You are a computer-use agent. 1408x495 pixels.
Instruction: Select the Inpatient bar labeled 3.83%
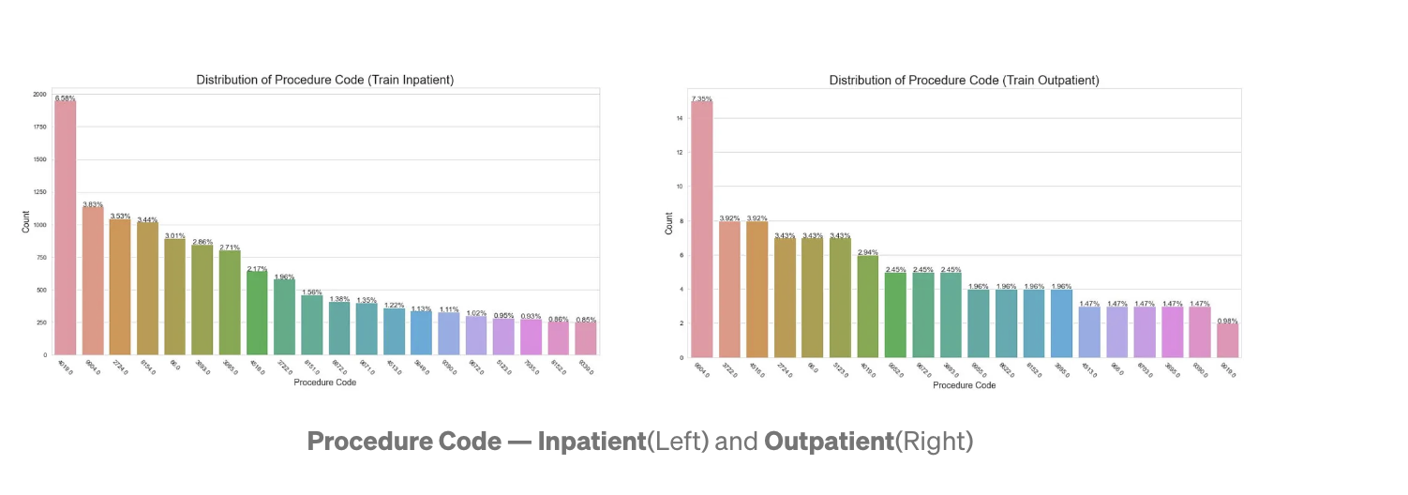pos(92,280)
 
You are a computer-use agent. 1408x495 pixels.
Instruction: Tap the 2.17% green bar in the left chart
pos(257,313)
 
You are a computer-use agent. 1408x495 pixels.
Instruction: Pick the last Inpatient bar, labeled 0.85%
pos(585,338)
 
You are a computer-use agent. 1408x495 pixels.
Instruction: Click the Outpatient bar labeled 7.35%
pos(701,229)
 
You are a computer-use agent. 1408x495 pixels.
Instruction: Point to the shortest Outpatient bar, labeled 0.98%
pos(1225,340)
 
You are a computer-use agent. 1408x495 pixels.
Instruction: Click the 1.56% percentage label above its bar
pos(311,292)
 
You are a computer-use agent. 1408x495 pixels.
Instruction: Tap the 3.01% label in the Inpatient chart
pos(174,236)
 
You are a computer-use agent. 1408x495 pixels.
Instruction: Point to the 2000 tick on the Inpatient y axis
pos(38,95)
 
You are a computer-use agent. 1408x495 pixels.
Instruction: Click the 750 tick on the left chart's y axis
pos(40,258)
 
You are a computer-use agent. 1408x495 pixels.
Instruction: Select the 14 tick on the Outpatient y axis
pos(680,118)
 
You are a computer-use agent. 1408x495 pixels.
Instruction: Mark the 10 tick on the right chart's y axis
pos(680,187)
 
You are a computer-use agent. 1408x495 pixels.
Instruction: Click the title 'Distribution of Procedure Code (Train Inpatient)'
pos(324,81)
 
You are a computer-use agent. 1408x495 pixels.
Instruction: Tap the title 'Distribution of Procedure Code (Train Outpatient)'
pos(964,81)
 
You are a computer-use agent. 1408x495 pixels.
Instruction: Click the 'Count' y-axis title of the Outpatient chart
pos(668,223)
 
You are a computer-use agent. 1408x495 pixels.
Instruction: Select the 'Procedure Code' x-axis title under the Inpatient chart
pos(324,382)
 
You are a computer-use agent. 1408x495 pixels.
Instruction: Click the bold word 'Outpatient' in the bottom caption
pos(829,442)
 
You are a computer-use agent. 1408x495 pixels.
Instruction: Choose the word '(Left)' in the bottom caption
pos(679,442)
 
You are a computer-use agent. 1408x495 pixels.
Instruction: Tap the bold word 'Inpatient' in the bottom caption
pos(592,442)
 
